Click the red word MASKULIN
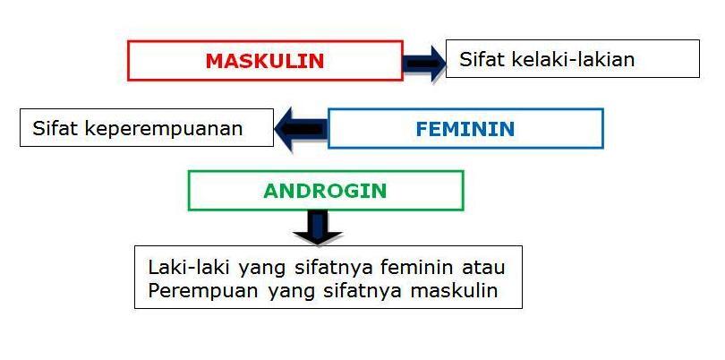click(x=264, y=61)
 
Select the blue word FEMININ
click(x=465, y=129)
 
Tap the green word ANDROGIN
click(x=325, y=191)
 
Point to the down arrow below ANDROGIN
click(x=318, y=227)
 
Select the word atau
click(x=484, y=267)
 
